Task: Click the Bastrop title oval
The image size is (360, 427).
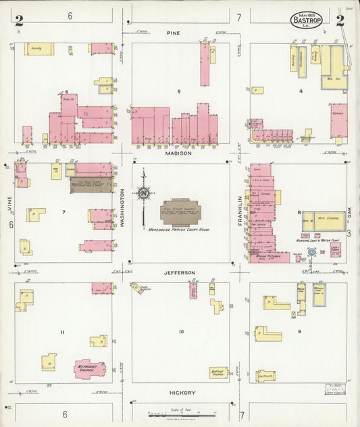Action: coord(306,20)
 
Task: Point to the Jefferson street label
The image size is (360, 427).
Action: coord(180,273)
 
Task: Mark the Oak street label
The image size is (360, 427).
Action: coord(350,213)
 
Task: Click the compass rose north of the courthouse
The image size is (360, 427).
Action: coord(143,193)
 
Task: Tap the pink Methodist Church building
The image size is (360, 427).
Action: coord(90,368)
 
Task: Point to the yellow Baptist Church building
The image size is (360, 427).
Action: coord(218,372)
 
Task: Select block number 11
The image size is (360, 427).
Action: coord(62,332)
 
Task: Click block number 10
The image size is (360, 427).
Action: coord(181,332)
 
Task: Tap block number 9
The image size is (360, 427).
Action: coord(299,332)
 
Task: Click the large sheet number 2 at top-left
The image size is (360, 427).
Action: coord(19,20)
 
